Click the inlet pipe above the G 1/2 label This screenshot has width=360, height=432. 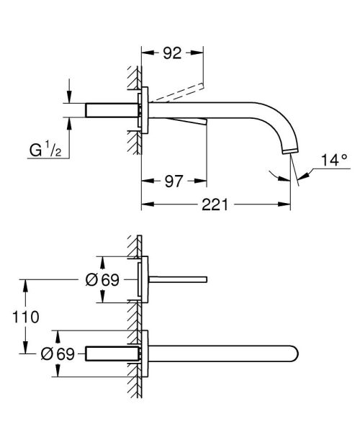[112, 109]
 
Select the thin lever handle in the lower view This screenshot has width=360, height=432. [180, 278]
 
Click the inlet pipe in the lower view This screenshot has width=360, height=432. [112, 353]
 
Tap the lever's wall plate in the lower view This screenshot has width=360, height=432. [145, 278]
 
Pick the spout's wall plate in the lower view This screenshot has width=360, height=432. [145, 353]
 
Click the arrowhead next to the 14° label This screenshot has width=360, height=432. [302, 171]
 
